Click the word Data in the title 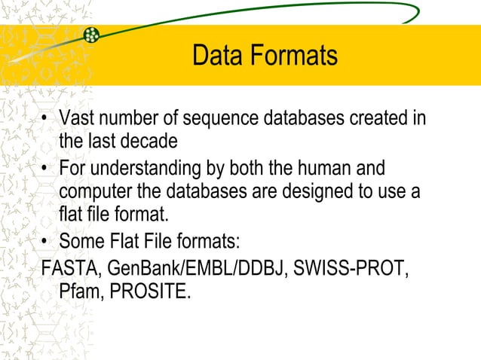point(215,56)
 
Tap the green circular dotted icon point(91,35)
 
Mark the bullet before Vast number point(47,120)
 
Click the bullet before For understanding point(47,168)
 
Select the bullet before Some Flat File point(47,242)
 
